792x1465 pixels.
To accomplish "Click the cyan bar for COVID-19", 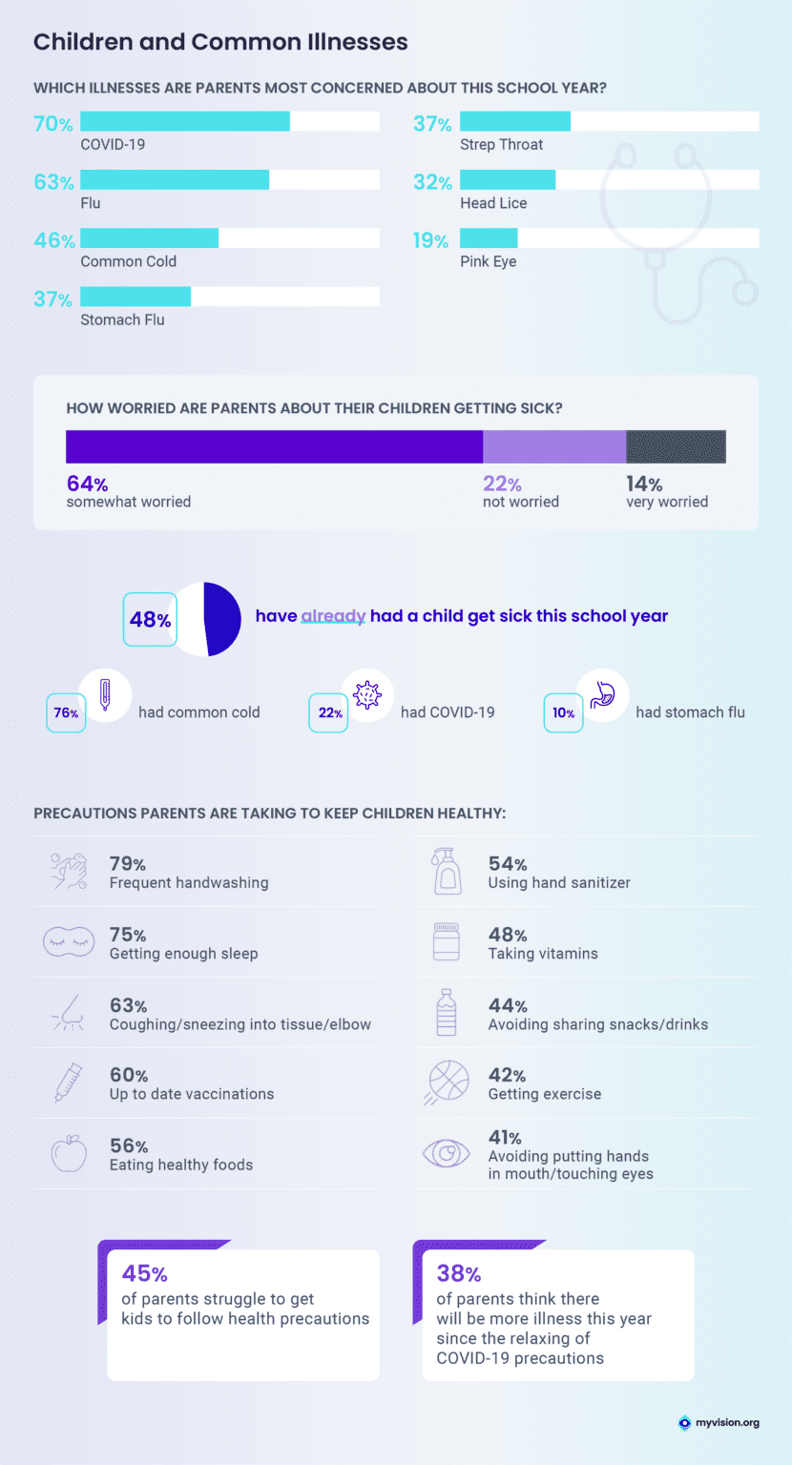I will click(x=185, y=121).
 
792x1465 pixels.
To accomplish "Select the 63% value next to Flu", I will click(x=53, y=182).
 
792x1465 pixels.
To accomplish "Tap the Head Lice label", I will click(x=493, y=203).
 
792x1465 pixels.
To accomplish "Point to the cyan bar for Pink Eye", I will click(x=489, y=238).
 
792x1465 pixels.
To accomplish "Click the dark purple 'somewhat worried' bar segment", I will click(x=274, y=446).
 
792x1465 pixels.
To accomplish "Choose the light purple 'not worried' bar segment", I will click(x=554, y=446).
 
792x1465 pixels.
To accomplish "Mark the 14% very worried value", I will click(x=644, y=485).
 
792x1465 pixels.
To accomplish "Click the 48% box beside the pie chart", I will click(x=150, y=620).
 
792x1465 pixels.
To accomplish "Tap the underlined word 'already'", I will click(x=333, y=616).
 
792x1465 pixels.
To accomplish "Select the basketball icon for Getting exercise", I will click(x=446, y=1083).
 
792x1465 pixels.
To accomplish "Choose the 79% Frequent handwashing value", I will click(x=127, y=864).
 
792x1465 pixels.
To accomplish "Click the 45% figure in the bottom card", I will click(x=144, y=1273).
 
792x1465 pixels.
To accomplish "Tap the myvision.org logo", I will click(x=719, y=1423).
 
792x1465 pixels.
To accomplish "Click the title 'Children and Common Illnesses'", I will click(x=220, y=42).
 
